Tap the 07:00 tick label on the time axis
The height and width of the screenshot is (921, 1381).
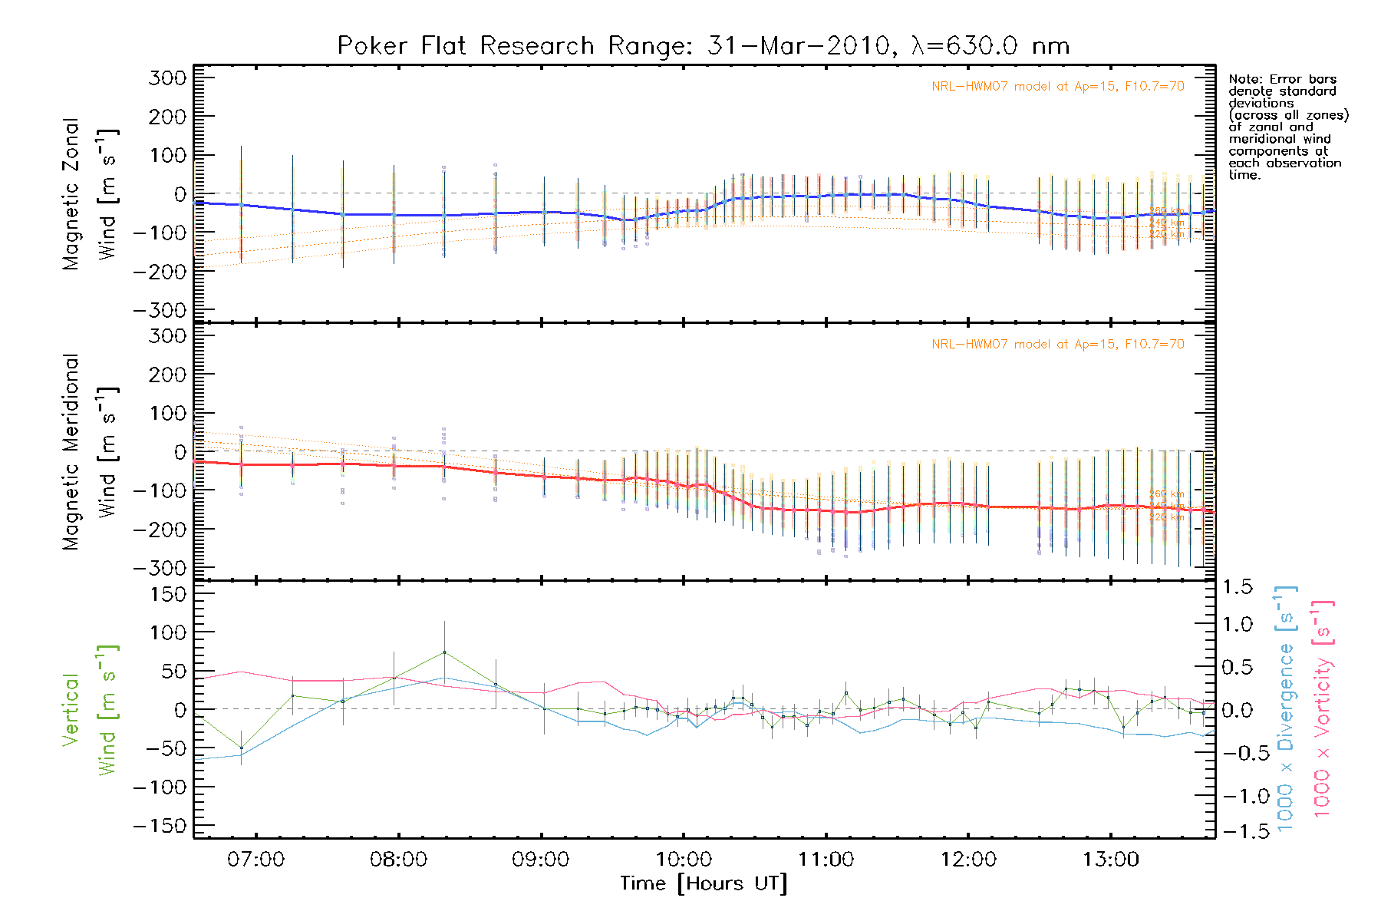[255, 859]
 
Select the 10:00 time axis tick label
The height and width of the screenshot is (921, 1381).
[684, 859]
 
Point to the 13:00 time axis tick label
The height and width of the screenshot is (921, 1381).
[1111, 859]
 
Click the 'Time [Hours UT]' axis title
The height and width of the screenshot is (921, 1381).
[704, 883]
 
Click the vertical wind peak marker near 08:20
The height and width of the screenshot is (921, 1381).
[444, 652]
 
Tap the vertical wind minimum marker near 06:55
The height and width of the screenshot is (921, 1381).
[242, 748]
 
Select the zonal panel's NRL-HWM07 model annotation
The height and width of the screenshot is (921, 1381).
[1057, 87]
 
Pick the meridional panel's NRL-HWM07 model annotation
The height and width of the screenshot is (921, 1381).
[1057, 345]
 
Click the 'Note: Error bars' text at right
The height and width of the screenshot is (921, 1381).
[1282, 79]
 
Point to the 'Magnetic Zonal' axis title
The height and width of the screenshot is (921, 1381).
[71, 193]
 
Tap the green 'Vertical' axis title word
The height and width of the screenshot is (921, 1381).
[71, 710]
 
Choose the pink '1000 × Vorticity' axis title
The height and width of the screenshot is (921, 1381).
[1322, 710]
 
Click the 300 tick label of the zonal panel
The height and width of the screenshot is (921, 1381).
[168, 78]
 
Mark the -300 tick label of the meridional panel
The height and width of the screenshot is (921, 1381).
[160, 568]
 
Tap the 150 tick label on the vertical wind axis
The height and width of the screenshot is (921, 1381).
[168, 593]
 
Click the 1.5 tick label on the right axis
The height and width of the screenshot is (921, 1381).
[1238, 587]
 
